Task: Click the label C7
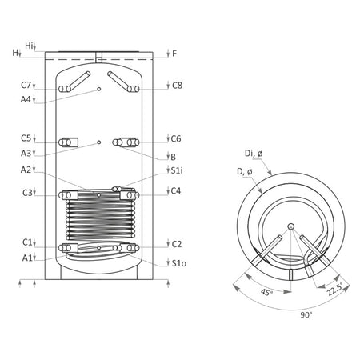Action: tap(26, 85)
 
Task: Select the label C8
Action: tap(177, 85)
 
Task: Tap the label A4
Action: tap(26, 98)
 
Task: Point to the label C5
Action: tap(26, 138)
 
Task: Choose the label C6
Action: tap(177, 138)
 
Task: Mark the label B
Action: tap(172, 156)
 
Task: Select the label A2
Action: tap(26, 169)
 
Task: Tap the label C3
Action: tap(26, 192)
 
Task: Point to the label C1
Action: tap(26, 242)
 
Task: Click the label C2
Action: tap(177, 243)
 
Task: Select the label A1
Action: tap(26, 257)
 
